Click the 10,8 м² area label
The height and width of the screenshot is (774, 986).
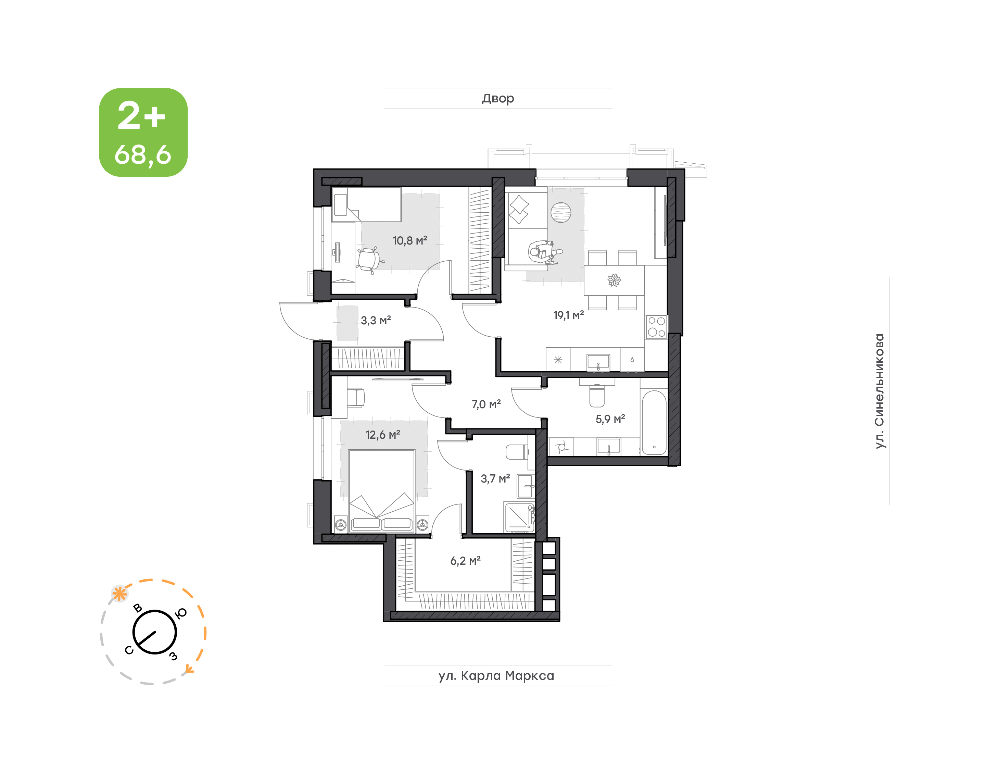pos(409,241)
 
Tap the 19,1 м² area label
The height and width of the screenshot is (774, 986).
pos(568,315)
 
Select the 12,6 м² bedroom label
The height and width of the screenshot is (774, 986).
pos(383,435)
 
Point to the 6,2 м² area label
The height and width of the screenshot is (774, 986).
pos(465,561)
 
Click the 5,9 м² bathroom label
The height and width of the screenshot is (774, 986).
pos(610,419)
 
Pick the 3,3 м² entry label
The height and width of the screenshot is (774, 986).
pos(376,321)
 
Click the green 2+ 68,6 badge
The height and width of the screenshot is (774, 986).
pos(143,132)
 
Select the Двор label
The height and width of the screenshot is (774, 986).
pos(498,98)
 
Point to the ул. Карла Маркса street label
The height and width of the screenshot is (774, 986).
pos(496,676)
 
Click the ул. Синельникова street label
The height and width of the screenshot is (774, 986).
pos(879,391)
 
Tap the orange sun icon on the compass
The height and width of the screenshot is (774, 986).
pos(119,593)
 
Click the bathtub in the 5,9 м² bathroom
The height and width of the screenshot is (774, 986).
pos(654,422)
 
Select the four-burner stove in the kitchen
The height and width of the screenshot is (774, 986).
pos(656,327)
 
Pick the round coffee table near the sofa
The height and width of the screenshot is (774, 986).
pos(561,212)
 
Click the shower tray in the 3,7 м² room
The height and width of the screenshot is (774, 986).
pos(519,517)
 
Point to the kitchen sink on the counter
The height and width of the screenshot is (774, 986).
pos(598,362)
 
